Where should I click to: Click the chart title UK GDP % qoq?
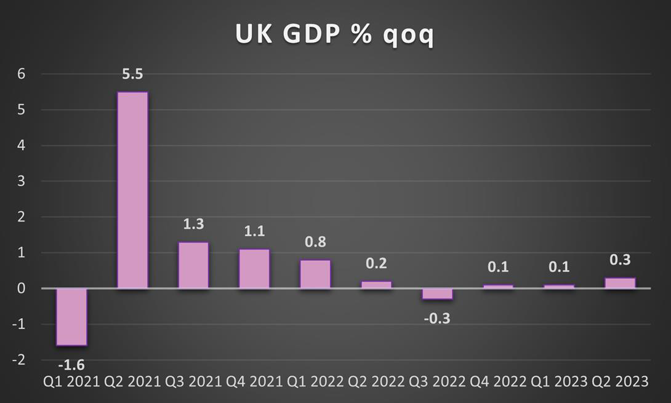[x=334, y=34]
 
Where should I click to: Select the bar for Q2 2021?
[x=132, y=190]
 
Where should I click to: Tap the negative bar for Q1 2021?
[x=71, y=317]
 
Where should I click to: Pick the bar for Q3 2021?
[x=193, y=265]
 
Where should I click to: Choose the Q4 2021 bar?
[x=254, y=269]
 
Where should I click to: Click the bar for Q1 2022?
[x=315, y=274]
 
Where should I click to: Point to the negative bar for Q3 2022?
[x=437, y=294]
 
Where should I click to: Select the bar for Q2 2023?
[x=620, y=283]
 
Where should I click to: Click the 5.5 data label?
[x=132, y=74]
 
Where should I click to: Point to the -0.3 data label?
[x=436, y=318]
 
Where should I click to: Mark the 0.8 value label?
[x=315, y=242]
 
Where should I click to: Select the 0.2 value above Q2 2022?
[x=376, y=263]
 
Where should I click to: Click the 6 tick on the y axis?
[x=21, y=74]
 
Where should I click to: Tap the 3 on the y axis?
[x=21, y=182]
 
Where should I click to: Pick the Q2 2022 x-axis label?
[x=376, y=382]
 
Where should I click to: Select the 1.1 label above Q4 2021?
[x=254, y=231]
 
